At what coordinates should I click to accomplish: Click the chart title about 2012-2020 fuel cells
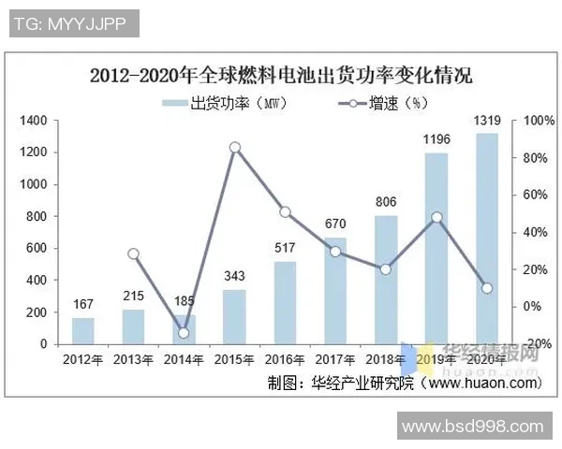[281, 76]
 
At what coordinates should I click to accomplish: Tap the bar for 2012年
[83, 330]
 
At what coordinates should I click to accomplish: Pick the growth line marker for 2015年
[235, 147]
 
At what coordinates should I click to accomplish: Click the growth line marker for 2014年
[185, 332]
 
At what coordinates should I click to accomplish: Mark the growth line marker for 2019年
[436, 217]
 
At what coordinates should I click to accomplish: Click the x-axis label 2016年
[285, 358]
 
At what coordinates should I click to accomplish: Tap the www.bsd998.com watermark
[472, 427]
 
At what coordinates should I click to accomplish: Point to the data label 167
[83, 303]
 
